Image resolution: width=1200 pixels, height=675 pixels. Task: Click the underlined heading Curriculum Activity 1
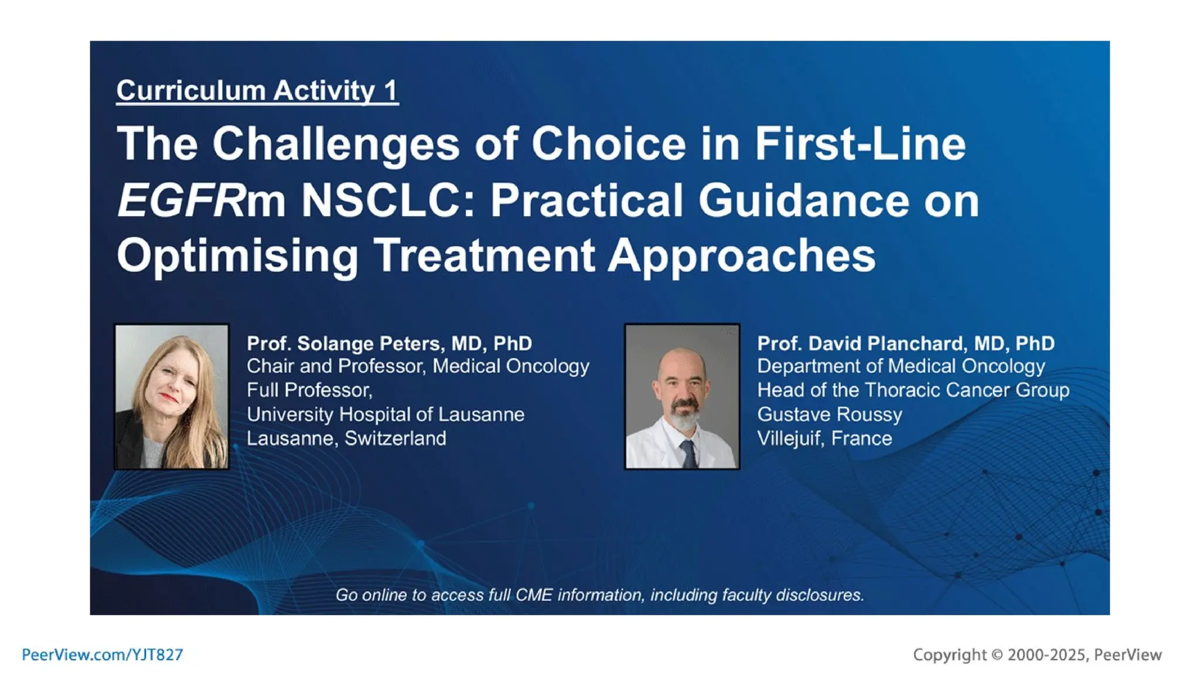[257, 91]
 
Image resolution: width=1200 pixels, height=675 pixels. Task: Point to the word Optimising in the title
[237, 255]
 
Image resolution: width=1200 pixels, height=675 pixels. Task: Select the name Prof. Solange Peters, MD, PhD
[389, 343]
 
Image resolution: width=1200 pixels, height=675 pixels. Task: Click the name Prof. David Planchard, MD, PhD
[905, 343]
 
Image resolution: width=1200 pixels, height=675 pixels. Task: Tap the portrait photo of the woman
[172, 397]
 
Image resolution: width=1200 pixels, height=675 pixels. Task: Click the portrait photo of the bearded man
[682, 397]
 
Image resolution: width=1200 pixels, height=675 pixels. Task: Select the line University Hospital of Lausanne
[385, 415]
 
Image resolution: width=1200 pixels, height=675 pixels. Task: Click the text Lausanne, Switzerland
[346, 439]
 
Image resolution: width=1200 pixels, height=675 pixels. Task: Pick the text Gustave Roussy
[829, 415]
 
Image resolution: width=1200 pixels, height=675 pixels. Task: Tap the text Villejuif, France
[824, 439]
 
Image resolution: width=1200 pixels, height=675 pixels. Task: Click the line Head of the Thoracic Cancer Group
[913, 390]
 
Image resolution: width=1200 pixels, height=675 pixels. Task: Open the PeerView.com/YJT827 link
[103, 655]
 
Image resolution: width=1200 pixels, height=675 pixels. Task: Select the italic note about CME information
[599, 595]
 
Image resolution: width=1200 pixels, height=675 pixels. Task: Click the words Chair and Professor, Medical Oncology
[418, 366]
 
